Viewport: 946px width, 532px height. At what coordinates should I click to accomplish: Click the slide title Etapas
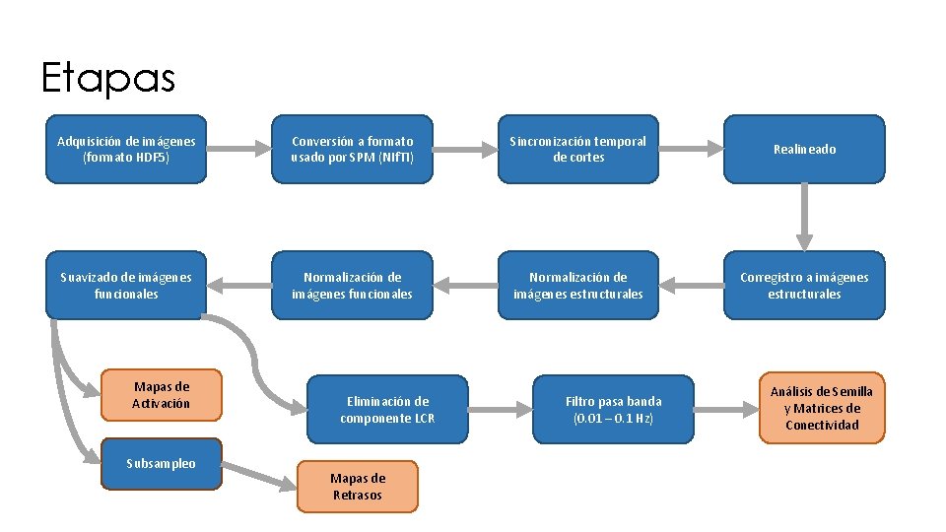(107, 78)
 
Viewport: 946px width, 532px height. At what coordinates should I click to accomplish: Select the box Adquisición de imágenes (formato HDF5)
(126, 149)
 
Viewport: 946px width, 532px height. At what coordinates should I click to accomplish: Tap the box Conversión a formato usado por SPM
(353, 149)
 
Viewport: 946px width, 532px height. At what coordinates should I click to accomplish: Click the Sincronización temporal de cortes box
(577, 149)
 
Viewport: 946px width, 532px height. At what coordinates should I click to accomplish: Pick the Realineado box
(804, 149)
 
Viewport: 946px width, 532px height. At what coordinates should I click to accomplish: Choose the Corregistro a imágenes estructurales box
(804, 285)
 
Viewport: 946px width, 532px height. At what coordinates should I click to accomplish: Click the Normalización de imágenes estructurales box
(577, 285)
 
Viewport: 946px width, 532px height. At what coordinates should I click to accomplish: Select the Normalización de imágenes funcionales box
(353, 285)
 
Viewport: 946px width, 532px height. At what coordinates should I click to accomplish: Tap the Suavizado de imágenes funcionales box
(126, 285)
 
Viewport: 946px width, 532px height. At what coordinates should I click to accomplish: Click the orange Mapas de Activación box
(162, 394)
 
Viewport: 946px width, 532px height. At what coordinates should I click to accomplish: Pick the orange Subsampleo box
(162, 463)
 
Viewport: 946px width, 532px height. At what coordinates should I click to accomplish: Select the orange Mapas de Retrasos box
(358, 487)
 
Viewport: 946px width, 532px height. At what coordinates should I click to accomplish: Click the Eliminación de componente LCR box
(387, 409)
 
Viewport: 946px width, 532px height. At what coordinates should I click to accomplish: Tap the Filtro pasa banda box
(613, 409)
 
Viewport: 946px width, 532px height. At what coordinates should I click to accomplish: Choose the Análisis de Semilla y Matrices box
(822, 408)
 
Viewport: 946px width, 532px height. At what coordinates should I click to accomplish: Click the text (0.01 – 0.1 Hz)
(613, 418)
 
